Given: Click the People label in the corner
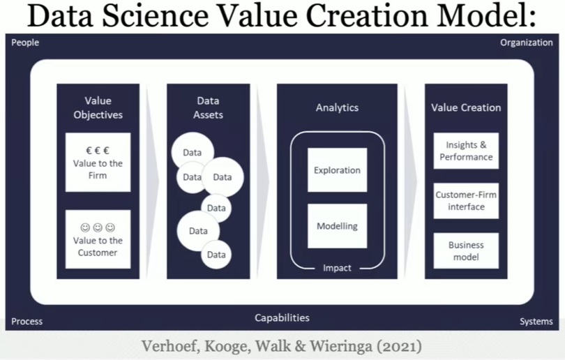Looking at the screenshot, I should click(x=25, y=43).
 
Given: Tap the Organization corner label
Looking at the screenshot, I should click(x=526, y=43).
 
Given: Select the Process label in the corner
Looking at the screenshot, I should click(x=27, y=322).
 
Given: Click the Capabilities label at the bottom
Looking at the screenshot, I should click(x=282, y=318).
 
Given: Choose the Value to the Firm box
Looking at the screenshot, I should click(x=98, y=162).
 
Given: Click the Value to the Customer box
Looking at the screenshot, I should click(x=98, y=239).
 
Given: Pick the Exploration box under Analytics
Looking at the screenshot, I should click(x=337, y=170).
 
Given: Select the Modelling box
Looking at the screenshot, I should click(x=337, y=226).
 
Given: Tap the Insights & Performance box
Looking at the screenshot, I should click(x=466, y=151).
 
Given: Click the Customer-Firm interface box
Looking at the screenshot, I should click(x=466, y=201).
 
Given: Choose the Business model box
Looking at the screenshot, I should click(x=466, y=251).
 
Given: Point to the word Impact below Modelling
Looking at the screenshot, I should click(x=337, y=268).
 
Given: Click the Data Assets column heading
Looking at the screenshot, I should click(x=209, y=107).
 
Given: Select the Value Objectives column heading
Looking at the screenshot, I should click(x=98, y=107).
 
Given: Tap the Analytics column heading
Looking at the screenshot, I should click(x=337, y=107).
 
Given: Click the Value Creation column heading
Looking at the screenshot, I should click(x=466, y=107).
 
